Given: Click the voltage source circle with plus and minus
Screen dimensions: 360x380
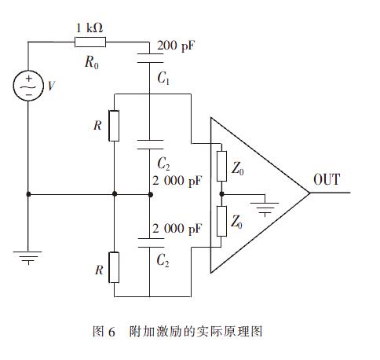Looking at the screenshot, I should pyautogui.click(x=28, y=86).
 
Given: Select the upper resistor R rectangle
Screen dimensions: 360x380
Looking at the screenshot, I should pyautogui.click(x=115, y=125).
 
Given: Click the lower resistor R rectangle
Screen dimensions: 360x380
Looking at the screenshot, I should pyautogui.click(x=115, y=267).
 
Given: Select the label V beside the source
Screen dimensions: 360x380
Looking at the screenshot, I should pyautogui.click(x=52, y=87).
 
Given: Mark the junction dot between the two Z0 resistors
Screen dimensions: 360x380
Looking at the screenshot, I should pyautogui.click(x=222, y=193).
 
